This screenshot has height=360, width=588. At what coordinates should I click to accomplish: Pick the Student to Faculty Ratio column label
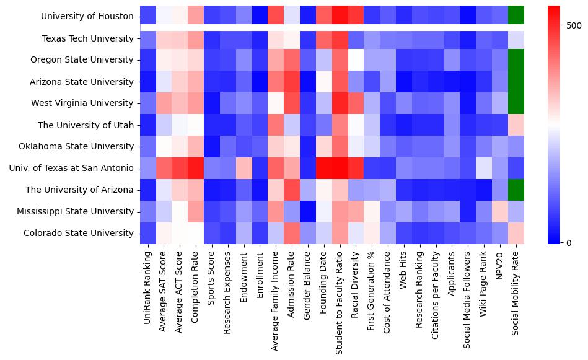point(338,301)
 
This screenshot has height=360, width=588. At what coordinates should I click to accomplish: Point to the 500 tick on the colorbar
point(574,25)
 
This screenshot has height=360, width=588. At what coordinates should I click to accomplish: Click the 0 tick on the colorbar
point(569,242)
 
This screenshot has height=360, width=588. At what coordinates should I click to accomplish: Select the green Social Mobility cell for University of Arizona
point(516,190)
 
